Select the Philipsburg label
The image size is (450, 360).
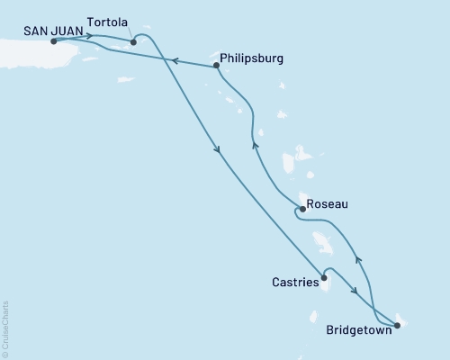pyautogui.click(x=251, y=58)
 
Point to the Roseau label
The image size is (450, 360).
pyautogui.click(x=328, y=204)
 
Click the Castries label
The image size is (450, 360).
pyautogui.click(x=295, y=283)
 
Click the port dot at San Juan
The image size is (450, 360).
pyautogui.click(x=55, y=41)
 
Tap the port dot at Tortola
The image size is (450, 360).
pyautogui.click(x=133, y=41)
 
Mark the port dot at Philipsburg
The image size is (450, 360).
pyautogui.click(x=217, y=65)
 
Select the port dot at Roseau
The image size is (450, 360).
pyautogui.click(x=301, y=210)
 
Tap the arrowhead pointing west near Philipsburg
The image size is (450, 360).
pyautogui.click(x=176, y=61)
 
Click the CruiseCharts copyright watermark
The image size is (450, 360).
pyautogui.click(x=5, y=328)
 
